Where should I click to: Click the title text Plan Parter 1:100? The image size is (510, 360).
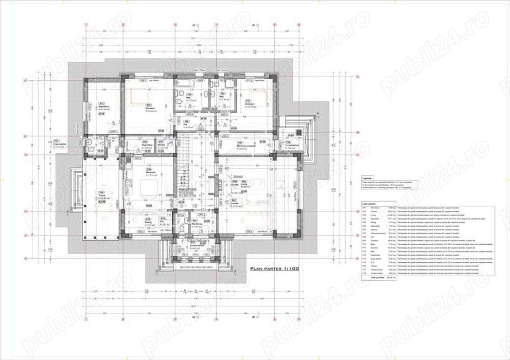274,268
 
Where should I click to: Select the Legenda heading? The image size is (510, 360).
367,177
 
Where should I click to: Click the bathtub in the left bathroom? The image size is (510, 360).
184,83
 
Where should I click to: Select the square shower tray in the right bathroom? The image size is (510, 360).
229,84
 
